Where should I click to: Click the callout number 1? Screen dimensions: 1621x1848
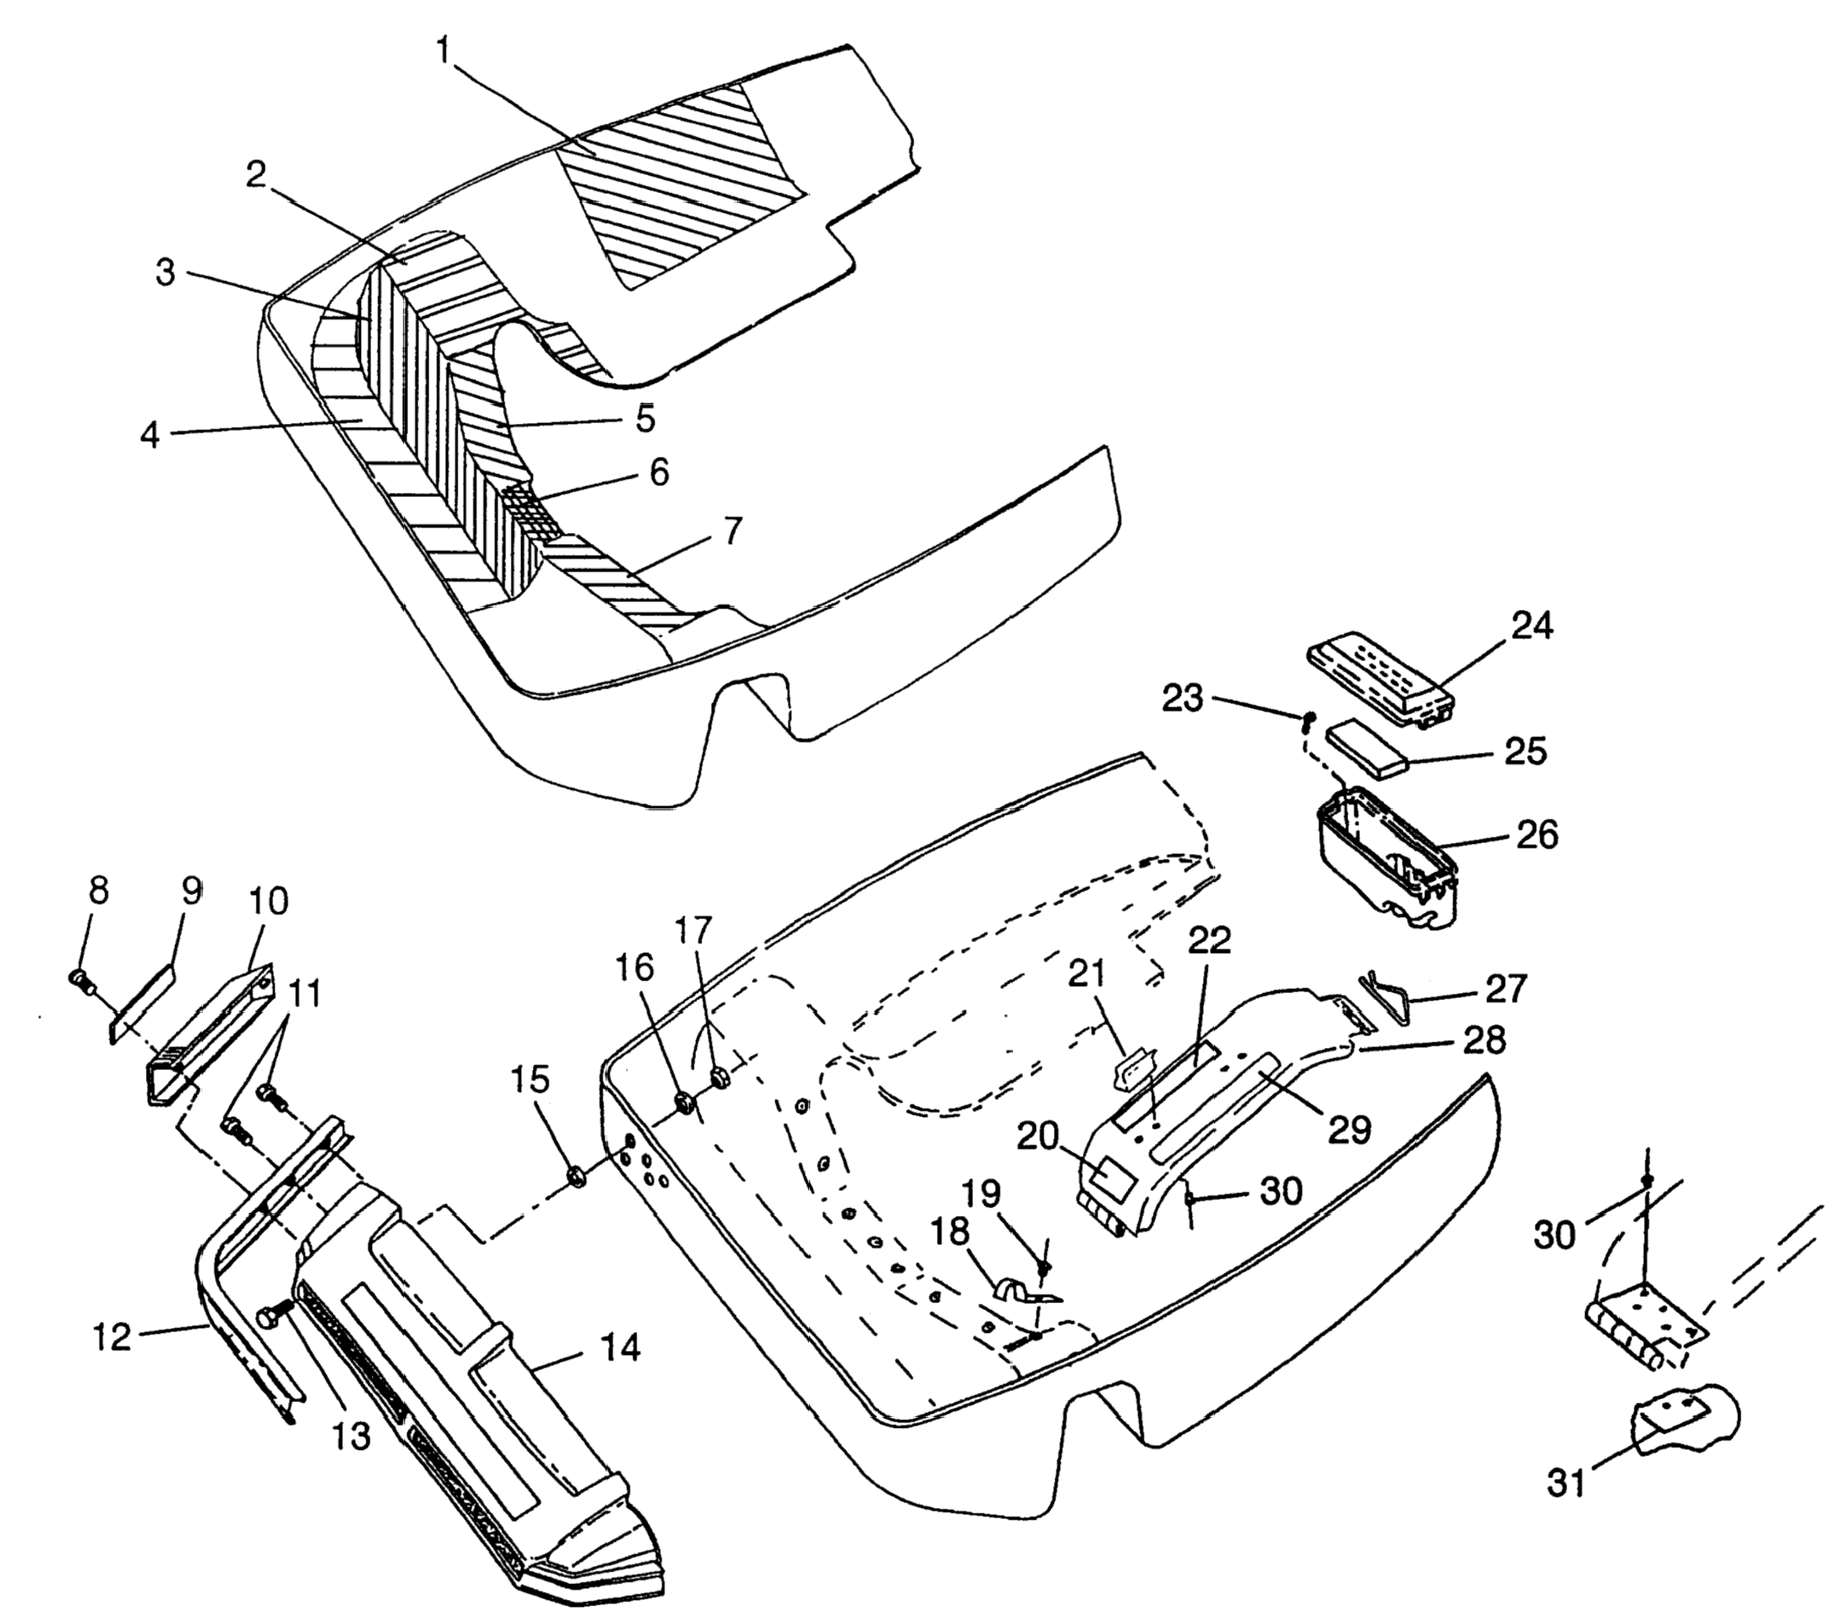442,52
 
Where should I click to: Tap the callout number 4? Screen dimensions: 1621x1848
150,435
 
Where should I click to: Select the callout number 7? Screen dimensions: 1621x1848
732,531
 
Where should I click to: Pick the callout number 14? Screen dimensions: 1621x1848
619,1348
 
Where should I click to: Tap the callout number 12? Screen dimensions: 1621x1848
112,1336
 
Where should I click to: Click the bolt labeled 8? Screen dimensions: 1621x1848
79,978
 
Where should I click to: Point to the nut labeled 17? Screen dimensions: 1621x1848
721,1077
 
